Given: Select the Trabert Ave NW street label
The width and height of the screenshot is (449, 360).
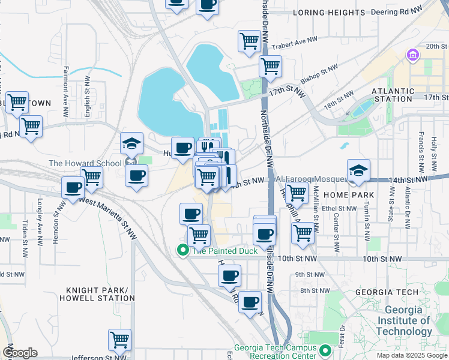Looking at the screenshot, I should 294,43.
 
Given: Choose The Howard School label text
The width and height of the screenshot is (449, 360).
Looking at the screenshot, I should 85,163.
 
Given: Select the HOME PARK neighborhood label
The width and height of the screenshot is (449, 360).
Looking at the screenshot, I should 348,195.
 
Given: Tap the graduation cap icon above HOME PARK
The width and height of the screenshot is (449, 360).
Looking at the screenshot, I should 358,170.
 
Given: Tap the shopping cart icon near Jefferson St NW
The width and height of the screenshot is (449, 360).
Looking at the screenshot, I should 120,340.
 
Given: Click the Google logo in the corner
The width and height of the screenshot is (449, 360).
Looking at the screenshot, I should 20,353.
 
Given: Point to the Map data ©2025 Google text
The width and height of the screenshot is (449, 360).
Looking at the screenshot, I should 412,355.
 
